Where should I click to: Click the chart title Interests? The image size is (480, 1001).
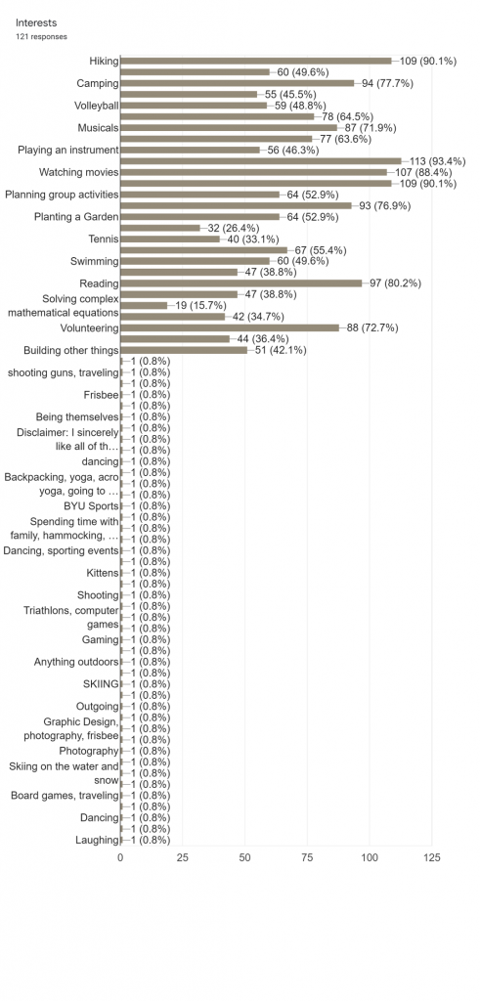pyautogui.click(x=36, y=23)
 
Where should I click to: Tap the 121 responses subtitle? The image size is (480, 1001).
pyautogui.click(x=41, y=37)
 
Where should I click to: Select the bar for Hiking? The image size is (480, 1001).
pyautogui.click(x=256, y=61)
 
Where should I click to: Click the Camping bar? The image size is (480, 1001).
pyautogui.click(x=238, y=83)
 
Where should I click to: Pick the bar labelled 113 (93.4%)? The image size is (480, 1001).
pyautogui.click(x=261, y=161)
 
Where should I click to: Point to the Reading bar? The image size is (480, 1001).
pyautogui.click(x=241, y=283)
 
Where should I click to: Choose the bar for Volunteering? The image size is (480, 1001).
pyautogui.click(x=230, y=327)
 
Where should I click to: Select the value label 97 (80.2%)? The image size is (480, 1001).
pyautogui.click(x=395, y=283)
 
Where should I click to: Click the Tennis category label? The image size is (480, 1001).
pyautogui.click(x=104, y=239)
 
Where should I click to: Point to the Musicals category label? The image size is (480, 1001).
pyautogui.click(x=99, y=128)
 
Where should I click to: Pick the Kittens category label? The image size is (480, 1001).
pyautogui.click(x=103, y=573)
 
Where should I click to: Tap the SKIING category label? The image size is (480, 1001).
pyautogui.click(x=101, y=683)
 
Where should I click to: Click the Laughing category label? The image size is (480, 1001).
pyautogui.click(x=97, y=840)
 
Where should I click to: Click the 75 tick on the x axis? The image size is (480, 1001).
pyautogui.click(x=308, y=858)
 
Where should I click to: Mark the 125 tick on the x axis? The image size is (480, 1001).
pyautogui.click(x=432, y=858)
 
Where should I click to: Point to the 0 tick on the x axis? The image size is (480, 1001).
pyautogui.click(x=120, y=858)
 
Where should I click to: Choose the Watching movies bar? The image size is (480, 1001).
pyautogui.click(x=254, y=172)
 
